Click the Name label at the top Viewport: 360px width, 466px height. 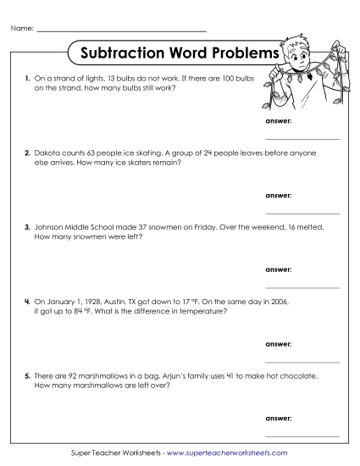coord(23,29)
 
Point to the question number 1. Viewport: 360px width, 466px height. coord(27,78)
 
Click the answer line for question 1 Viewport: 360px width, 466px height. coord(302,138)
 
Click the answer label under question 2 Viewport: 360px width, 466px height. coord(278,195)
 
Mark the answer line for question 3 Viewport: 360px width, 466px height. coord(302,287)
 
